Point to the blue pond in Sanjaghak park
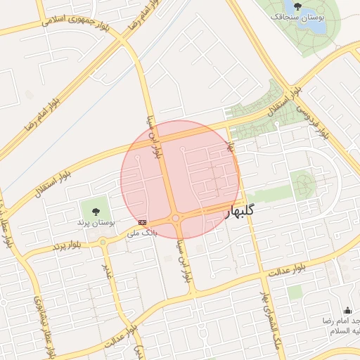pos(315,19)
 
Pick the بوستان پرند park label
pos(96,222)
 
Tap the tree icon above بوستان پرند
pos(96,211)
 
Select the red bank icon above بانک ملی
pos(143,222)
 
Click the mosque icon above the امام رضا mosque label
pos(347,310)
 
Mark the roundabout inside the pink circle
pos(175,218)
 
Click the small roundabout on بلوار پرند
pos(103,243)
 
